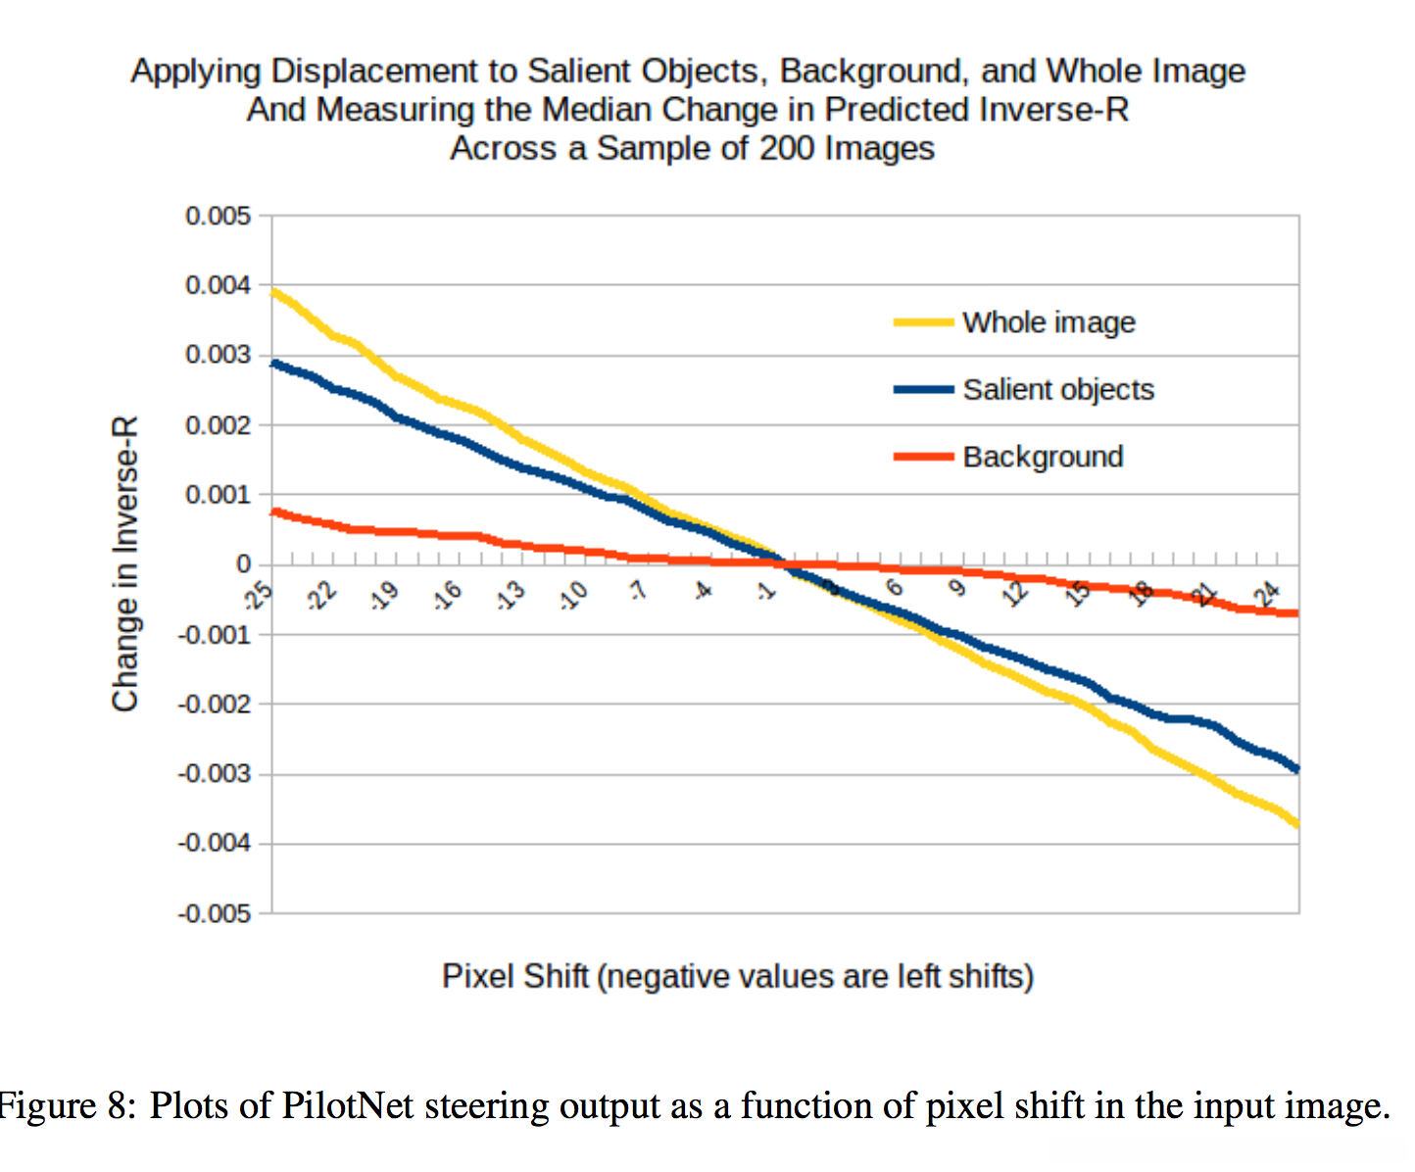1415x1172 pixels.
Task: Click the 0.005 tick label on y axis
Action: pyautogui.click(x=218, y=216)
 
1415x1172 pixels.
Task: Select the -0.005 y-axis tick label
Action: pyautogui.click(x=215, y=914)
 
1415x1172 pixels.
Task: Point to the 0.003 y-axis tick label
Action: pyautogui.click(x=218, y=355)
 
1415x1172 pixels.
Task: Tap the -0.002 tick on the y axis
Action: pyautogui.click(x=215, y=705)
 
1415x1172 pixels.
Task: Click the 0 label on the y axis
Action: pyautogui.click(x=243, y=564)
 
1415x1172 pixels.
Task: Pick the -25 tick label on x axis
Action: pyautogui.click(x=258, y=594)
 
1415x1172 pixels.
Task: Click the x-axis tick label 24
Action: pyautogui.click(x=1268, y=592)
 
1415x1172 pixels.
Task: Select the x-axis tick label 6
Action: pyautogui.click(x=894, y=587)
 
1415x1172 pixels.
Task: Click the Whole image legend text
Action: pyautogui.click(x=1049, y=322)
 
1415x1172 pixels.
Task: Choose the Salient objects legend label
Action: pyautogui.click(x=1058, y=390)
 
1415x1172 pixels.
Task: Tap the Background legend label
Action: pyautogui.click(x=1043, y=457)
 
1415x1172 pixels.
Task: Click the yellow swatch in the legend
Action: pyautogui.click(x=923, y=322)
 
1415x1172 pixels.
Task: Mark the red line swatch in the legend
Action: pyautogui.click(x=923, y=457)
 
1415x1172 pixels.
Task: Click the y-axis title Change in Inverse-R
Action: pyautogui.click(x=125, y=563)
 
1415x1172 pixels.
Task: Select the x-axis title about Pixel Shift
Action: pyautogui.click(x=738, y=977)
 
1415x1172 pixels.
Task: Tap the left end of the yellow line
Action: pyautogui.click(x=273, y=291)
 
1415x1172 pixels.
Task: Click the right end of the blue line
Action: pyautogui.click(x=1298, y=769)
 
